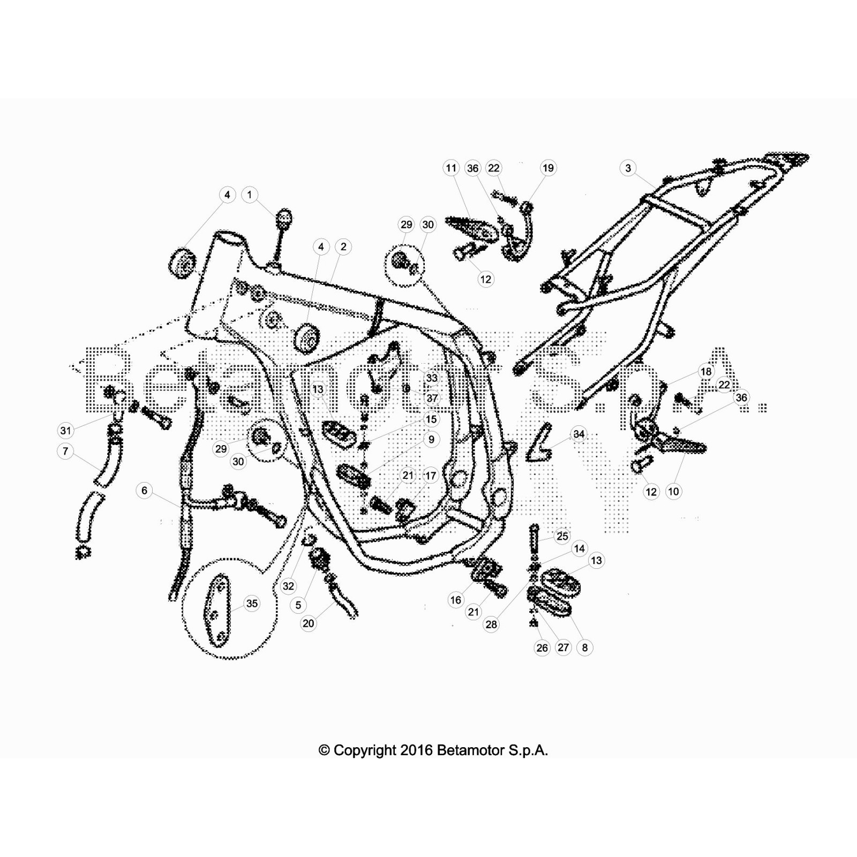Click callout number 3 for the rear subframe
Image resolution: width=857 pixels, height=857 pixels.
tap(628, 168)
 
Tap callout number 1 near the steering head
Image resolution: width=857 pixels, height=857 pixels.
tap(250, 194)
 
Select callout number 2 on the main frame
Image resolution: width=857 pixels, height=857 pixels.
tap(343, 247)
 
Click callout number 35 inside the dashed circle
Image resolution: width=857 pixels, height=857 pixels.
tap(251, 604)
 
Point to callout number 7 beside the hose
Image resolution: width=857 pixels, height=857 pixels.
tap(65, 451)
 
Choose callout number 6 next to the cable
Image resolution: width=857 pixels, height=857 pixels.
tap(144, 490)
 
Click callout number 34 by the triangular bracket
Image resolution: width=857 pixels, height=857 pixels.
tap(578, 434)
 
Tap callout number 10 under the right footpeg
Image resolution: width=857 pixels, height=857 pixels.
tap(673, 491)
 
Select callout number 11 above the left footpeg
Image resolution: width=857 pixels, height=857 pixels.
tap(452, 168)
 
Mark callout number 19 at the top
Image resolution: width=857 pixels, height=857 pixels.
tap(548, 168)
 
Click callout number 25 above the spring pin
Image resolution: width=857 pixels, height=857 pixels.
tap(562, 536)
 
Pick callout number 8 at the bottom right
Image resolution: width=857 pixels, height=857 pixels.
tap(584, 648)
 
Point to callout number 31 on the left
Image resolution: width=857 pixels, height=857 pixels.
tap(65, 431)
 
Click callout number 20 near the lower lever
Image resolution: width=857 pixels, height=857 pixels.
tap(309, 623)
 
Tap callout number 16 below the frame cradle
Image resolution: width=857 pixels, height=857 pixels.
tap(456, 600)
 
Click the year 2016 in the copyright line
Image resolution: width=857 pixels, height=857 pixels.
tap(416, 750)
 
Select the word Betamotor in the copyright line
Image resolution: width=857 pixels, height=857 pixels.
tap(464, 750)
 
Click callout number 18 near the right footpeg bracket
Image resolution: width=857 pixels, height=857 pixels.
tap(706, 372)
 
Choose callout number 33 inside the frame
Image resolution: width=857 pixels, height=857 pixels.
tap(431, 378)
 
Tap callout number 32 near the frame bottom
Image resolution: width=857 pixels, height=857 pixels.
tap(288, 586)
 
